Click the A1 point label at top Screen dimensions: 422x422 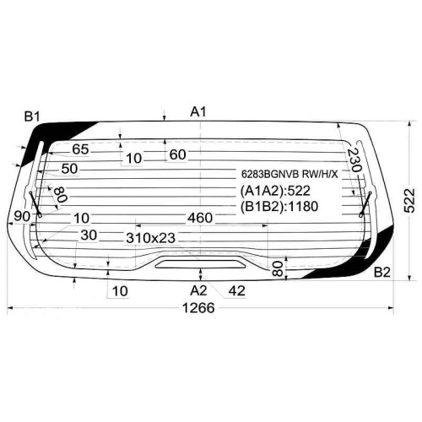point(198,112)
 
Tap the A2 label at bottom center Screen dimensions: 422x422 point(198,290)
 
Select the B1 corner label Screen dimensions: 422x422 point(32,116)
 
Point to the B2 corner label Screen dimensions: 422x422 point(382,273)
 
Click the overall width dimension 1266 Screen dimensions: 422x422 point(198,308)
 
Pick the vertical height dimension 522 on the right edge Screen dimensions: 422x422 point(409,201)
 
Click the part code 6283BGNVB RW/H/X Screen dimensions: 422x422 point(289,175)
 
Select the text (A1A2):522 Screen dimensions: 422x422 point(275,191)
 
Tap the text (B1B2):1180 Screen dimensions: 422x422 point(279,207)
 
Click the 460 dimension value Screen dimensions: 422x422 point(200,218)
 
